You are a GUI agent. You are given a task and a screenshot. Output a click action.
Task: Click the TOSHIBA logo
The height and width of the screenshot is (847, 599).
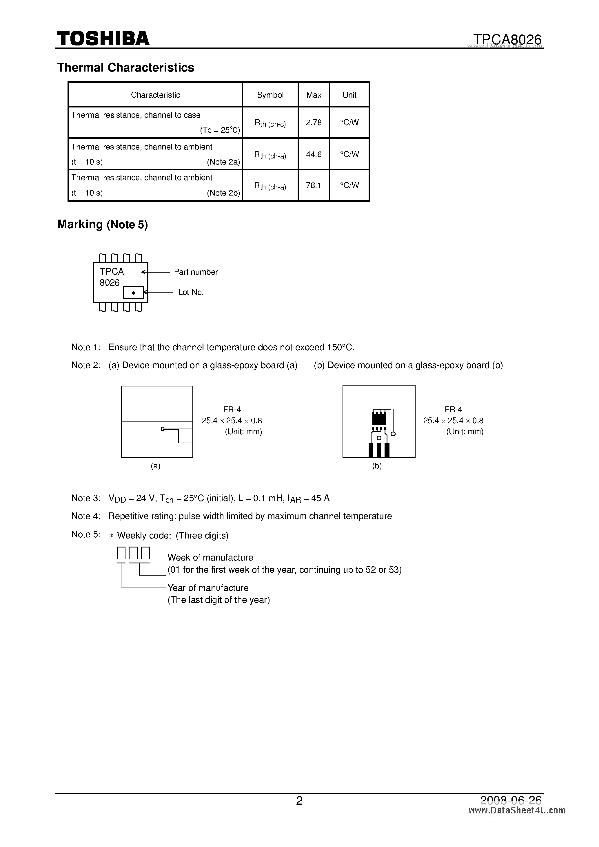103,38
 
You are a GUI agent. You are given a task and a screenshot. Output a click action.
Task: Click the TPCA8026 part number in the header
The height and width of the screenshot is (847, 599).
507,39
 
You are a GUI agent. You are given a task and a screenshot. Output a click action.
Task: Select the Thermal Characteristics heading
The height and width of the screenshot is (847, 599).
125,67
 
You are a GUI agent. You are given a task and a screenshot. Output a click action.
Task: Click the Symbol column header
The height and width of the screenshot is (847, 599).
270,95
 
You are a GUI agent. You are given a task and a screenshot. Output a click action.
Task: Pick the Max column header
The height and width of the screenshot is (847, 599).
314,95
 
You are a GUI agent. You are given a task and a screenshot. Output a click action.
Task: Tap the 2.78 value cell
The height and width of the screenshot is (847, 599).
314,123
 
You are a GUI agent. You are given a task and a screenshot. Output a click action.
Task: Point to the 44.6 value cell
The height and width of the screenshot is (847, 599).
314,154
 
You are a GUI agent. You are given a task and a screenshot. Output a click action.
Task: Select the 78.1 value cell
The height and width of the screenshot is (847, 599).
314,185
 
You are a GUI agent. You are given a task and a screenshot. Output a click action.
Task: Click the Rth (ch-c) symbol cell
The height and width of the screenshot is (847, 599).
270,124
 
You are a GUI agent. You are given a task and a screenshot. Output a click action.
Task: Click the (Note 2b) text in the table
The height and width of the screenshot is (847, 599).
223,193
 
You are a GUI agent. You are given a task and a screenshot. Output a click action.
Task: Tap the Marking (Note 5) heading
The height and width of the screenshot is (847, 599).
102,224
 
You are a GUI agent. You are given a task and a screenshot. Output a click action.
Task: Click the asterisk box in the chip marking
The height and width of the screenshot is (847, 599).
133,293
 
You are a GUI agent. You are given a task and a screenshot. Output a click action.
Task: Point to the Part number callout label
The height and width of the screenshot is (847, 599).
196,272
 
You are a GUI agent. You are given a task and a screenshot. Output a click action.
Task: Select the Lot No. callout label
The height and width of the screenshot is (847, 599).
190,292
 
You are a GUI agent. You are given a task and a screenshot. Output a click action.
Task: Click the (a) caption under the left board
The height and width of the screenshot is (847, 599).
155,466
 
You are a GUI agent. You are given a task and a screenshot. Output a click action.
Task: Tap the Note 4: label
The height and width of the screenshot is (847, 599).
85,516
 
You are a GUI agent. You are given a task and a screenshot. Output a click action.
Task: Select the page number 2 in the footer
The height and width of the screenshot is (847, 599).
299,801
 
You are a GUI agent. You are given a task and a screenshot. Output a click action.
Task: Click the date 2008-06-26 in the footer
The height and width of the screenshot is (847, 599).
511,800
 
